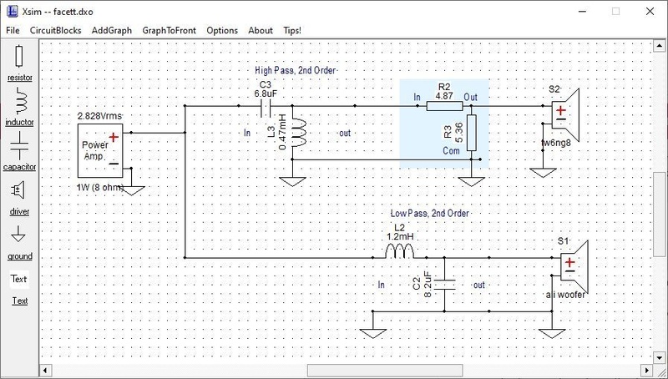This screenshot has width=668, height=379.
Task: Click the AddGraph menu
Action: pyautogui.click(x=112, y=30)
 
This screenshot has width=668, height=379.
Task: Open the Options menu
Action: pyautogui.click(x=222, y=30)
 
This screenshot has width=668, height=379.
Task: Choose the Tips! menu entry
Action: pyautogui.click(x=292, y=30)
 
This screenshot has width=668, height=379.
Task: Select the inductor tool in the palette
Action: pyautogui.click(x=19, y=102)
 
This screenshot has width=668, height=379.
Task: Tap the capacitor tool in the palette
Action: pyautogui.click(x=19, y=147)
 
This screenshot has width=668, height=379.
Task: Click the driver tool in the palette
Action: pyautogui.click(x=19, y=191)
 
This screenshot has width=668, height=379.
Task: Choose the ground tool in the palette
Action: pyautogui.click(x=19, y=235)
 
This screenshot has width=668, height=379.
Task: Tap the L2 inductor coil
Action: pyautogui.click(x=399, y=253)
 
